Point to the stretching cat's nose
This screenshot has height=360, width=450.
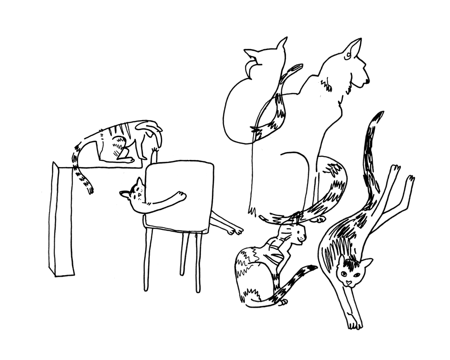click(x=348, y=282)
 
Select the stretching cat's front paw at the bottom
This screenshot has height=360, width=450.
click(x=354, y=323)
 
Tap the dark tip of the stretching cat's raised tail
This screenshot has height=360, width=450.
click(x=377, y=116)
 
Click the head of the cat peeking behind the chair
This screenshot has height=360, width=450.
click(x=134, y=193)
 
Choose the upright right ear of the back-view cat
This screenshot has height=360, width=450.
click(x=282, y=44)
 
